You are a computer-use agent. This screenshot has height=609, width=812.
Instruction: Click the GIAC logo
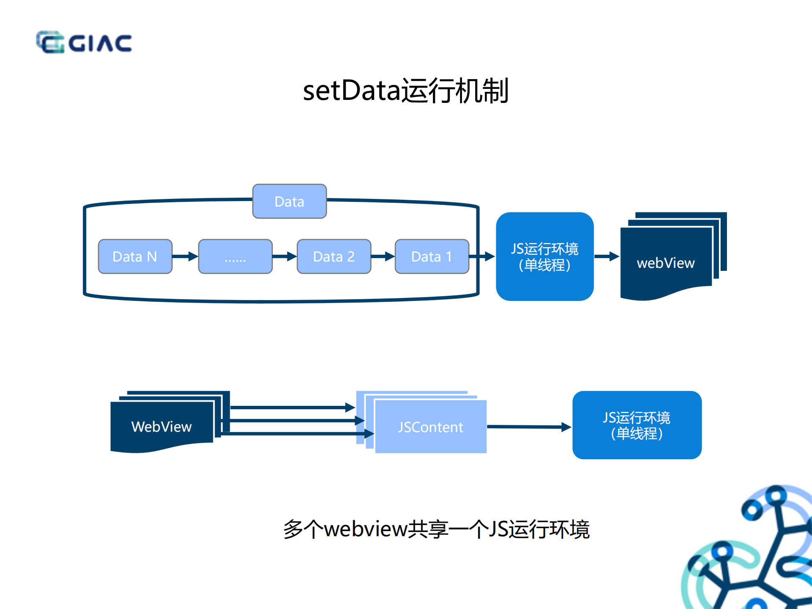[x=84, y=42]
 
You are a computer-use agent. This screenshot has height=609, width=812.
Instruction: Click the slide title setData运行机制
[x=405, y=91]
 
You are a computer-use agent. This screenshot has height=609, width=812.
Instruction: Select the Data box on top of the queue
[x=289, y=201]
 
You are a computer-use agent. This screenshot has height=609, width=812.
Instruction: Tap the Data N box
[x=135, y=256]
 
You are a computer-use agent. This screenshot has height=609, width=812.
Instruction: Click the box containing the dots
[x=235, y=256]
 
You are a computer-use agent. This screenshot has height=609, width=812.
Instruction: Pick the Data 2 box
[x=334, y=256]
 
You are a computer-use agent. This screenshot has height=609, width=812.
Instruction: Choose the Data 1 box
[x=432, y=256]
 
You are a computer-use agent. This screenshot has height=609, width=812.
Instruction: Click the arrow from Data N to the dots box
[x=185, y=256]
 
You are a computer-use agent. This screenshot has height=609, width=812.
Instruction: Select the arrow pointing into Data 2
[x=284, y=256]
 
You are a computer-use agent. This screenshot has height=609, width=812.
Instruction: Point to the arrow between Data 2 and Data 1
[x=383, y=256]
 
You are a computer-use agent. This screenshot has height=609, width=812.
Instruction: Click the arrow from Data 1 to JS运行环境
[x=482, y=256]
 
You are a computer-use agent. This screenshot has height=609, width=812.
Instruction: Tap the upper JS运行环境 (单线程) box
[x=545, y=256]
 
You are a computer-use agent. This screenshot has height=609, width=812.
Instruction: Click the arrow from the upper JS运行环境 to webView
[x=607, y=256]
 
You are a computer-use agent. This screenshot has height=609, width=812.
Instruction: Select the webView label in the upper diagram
[x=666, y=263]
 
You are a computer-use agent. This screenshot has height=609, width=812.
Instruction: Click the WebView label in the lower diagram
[x=161, y=427]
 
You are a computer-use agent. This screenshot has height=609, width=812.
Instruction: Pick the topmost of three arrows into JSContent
[x=292, y=408]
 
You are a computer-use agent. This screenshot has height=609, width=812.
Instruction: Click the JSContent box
[x=430, y=427]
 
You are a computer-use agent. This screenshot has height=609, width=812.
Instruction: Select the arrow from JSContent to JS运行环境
[x=529, y=427]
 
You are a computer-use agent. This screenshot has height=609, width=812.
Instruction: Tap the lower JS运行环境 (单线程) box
[x=637, y=425]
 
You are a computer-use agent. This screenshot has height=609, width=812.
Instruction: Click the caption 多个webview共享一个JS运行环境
[x=436, y=529]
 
